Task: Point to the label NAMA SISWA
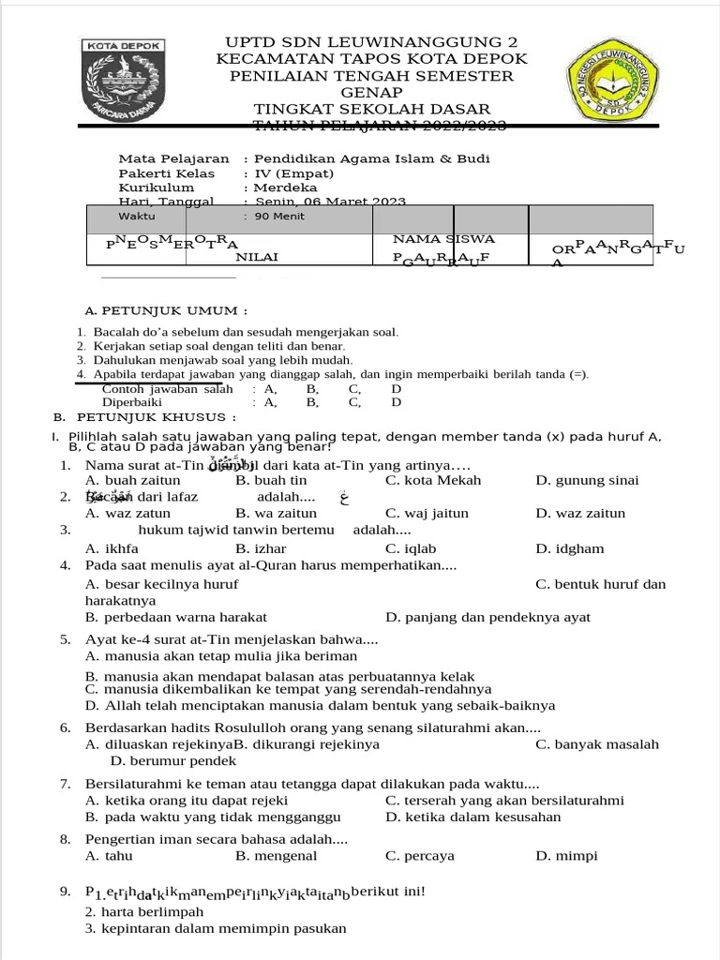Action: pos(443,239)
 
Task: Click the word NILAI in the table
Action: pos(256,256)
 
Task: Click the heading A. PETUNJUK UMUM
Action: pos(166,310)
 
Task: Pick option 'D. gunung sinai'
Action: pos(587,480)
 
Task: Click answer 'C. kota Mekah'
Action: pos(433,480)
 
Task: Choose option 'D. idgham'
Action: pos(570,548)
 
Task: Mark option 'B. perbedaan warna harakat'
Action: pos(175,617)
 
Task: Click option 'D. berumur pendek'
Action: pos(160,760)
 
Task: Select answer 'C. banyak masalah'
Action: pos(597,744)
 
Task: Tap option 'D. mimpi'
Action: pos(566,855)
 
